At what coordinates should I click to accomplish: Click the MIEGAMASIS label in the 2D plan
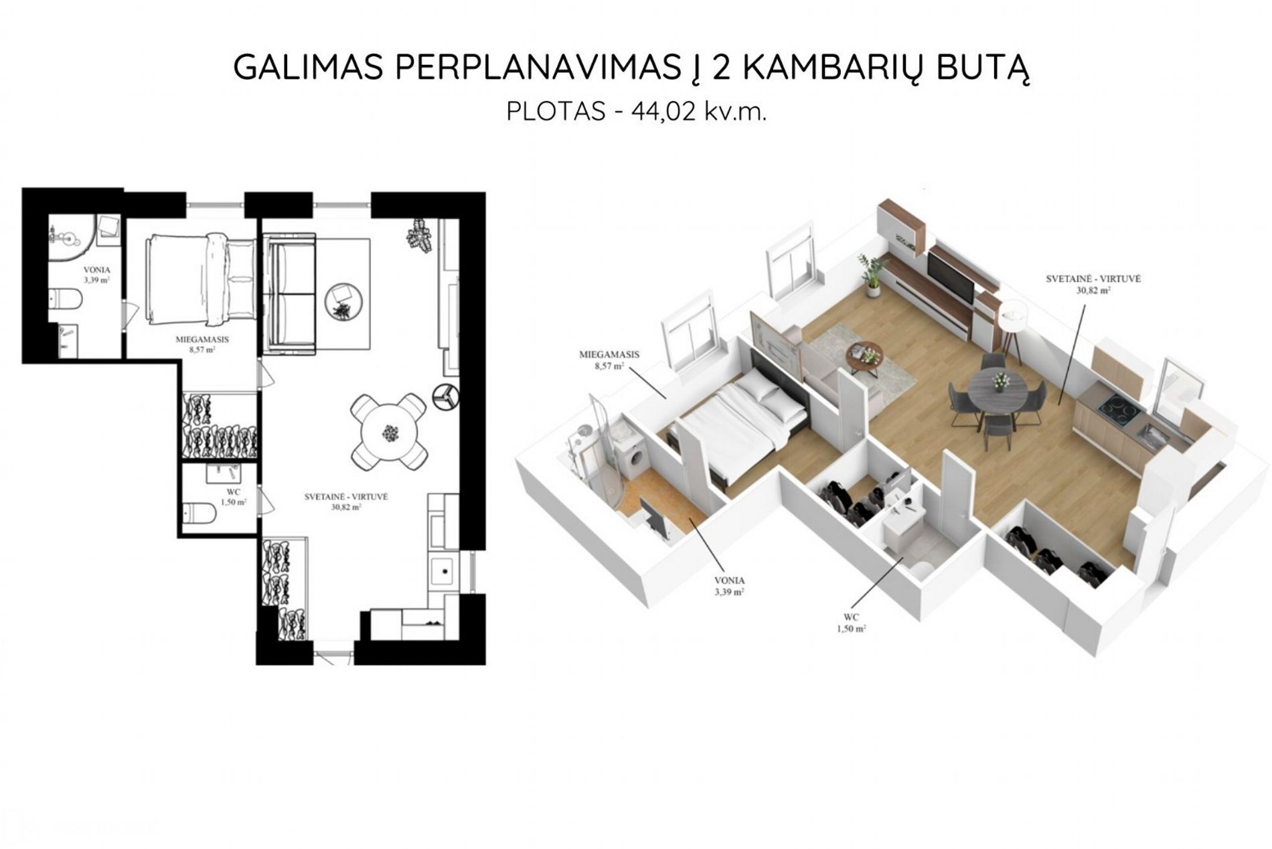tap(202, 339)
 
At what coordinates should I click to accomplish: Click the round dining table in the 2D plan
tap(389, 433)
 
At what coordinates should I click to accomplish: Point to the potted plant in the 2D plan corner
tap(420, 235)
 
